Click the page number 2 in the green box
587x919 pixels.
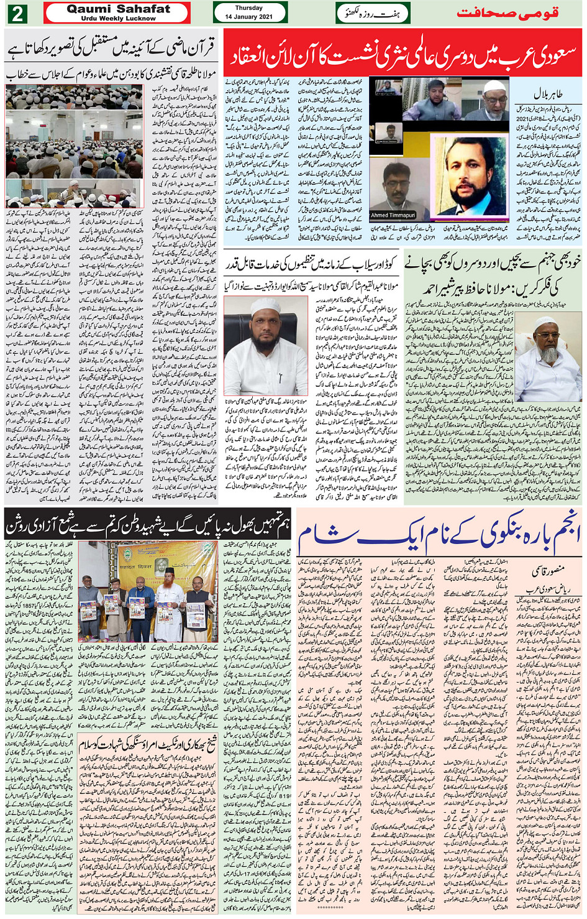click(x=16, y=13)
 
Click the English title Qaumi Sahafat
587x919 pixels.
click(x=118, y=9)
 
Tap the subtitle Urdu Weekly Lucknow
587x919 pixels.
click(x=118, y=19)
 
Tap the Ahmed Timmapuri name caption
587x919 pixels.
click(x=393, y=215)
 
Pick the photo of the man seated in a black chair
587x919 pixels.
click(x=265, y=345)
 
